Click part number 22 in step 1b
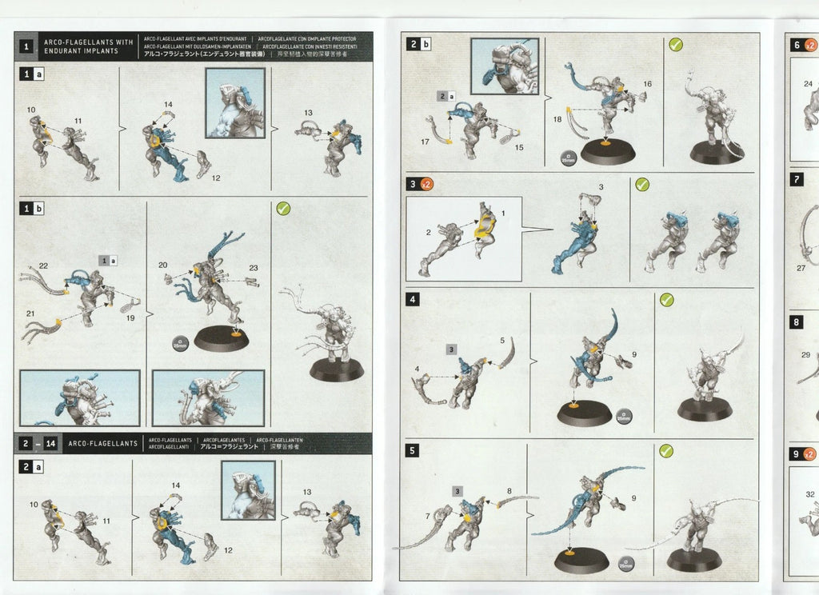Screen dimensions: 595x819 coord(43,266)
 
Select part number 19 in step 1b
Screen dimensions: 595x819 coord(130,317)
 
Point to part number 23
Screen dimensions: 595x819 coord(254,268)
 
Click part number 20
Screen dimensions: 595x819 coord(162,265)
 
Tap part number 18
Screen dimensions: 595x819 coord(557,118)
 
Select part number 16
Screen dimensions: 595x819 coord(647,84)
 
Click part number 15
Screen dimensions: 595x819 coord(519,147)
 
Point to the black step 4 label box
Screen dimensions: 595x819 coord(413,300)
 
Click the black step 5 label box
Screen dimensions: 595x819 coord(413,450)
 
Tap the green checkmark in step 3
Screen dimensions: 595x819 coord(641,184)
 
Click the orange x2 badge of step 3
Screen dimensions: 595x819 coord(427,184)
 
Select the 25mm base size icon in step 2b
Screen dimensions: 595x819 coord(567,158)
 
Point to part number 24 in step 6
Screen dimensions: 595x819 coord(808,84)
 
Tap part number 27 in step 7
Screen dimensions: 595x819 coord(801,268)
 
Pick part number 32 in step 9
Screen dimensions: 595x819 coord(810,494)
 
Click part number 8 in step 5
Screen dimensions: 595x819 coord(509,490)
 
